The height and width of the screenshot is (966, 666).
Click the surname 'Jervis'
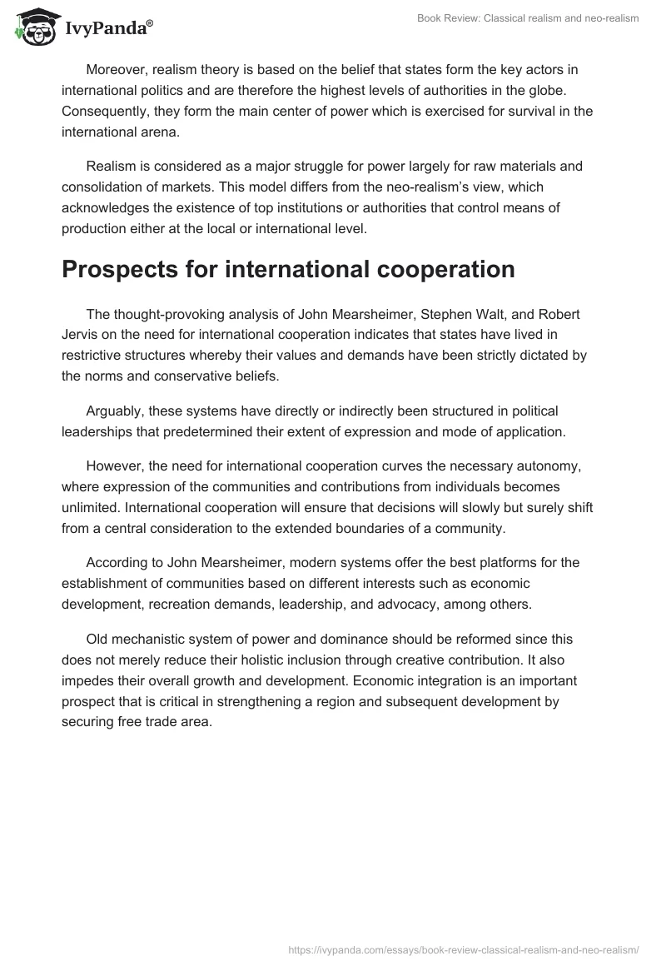coord(83,335)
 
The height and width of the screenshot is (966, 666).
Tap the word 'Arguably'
coord(114,411)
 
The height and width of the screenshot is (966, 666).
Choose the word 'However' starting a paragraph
coord(113,466)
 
